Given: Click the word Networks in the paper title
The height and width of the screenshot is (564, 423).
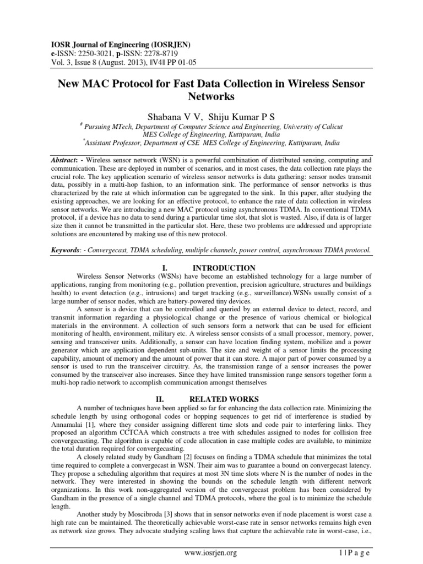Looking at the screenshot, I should (211, 97).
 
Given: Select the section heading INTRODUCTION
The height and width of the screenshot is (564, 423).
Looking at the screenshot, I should (220, 268).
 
